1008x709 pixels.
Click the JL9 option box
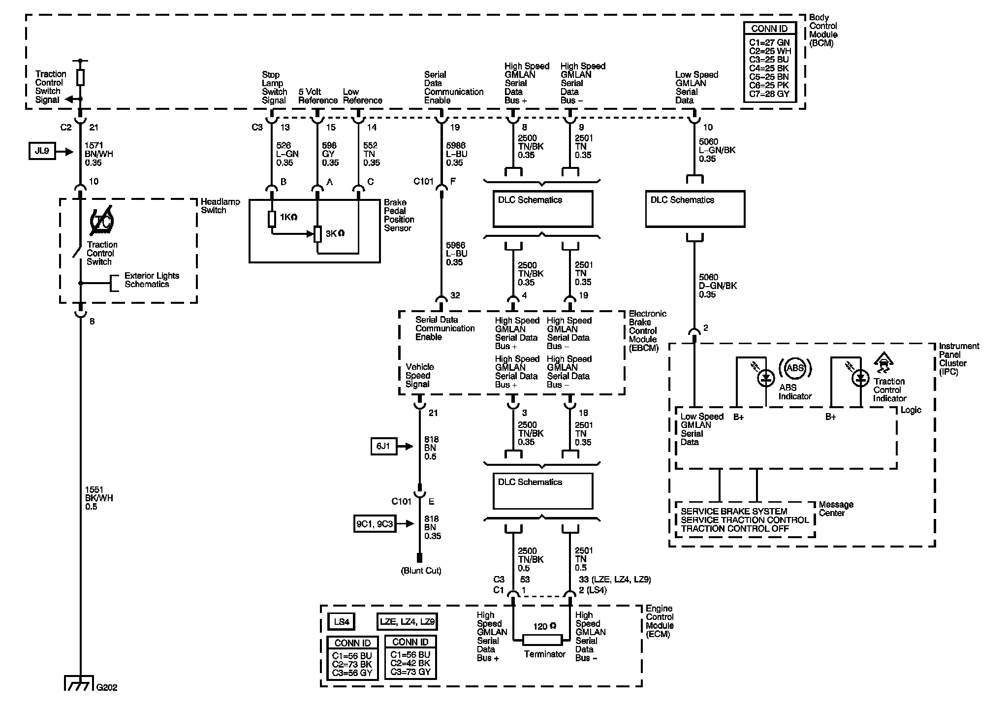[42, 151]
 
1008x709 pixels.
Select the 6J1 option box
[383, 447]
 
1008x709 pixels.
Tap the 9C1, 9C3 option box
[375, 524]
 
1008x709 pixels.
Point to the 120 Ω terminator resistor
[541, 640]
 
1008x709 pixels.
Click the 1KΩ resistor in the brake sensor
[272, 219]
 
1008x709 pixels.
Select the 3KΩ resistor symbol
[317, 234]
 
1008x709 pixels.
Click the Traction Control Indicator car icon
[884, 364]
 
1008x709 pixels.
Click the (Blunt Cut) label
[421, 571]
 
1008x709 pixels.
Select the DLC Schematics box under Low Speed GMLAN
[695, 209]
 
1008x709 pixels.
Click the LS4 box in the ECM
[342, 622]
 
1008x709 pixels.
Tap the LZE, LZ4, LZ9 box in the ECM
[407, 622]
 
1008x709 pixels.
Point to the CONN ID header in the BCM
[769, 29]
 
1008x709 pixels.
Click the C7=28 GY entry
[769, 94]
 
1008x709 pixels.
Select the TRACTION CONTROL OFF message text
[735, 529]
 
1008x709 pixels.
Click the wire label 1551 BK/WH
[99, 498]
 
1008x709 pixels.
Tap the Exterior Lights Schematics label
[152, 280]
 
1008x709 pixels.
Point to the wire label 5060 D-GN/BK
[718, 286]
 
